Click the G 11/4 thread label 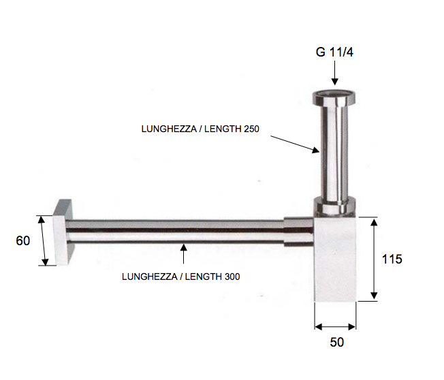334,52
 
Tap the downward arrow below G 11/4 334,74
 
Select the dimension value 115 392,259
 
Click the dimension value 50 336,343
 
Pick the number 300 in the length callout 231,276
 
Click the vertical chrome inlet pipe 334,150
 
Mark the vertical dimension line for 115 373,259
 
